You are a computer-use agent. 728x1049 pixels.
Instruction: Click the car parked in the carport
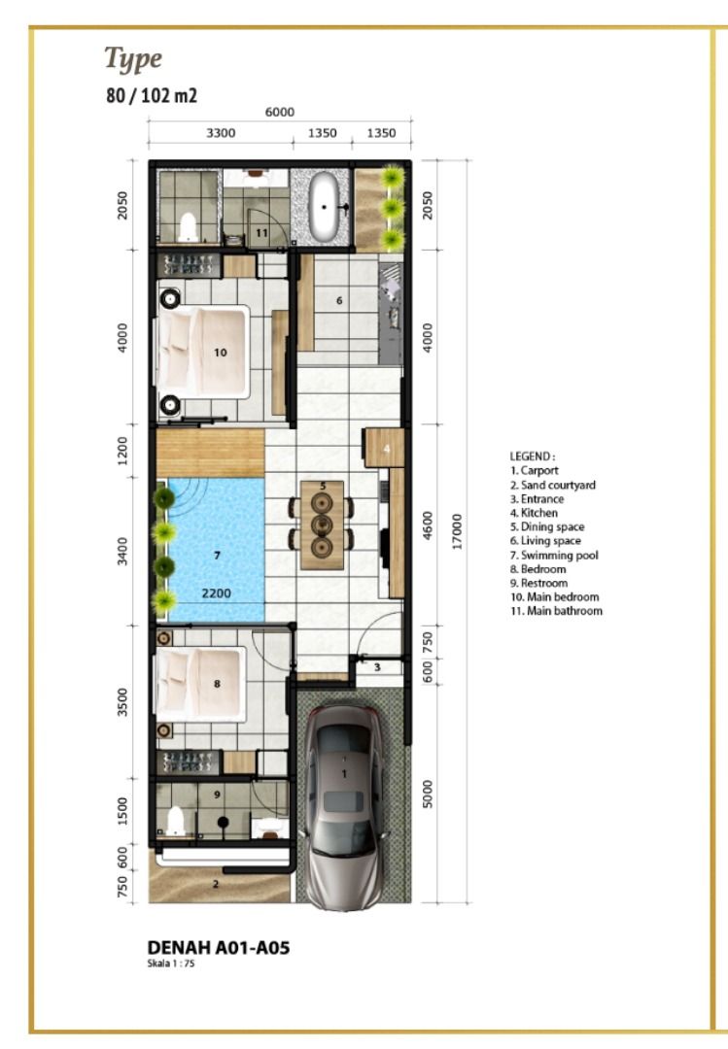click(x=345, y=806)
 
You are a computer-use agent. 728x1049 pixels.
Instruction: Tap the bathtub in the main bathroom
click(x=325, y=207)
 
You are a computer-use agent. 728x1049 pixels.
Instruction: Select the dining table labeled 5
click(x=322, y=525)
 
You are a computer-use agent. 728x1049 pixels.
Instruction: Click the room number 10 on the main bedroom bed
click(x=221, y=353)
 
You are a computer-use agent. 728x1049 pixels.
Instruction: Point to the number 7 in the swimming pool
click(x=217, y=556)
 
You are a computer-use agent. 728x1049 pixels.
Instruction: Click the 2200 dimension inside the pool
click(x=217, y=593)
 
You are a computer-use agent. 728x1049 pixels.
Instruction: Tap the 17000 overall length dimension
click(x=458, y=531)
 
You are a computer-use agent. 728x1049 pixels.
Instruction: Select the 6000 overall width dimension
click(x=279, y=113)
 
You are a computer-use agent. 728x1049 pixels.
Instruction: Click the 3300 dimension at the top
click(x=221, y=133)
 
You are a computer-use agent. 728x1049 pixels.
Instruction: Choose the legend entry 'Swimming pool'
click(x=554, y=556)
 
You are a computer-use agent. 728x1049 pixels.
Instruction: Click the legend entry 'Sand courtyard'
click(x=552, y=485)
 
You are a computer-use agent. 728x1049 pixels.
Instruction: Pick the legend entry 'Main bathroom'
click(x=556, y=611)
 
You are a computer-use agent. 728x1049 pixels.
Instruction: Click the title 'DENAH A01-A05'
click(x=219, y=947)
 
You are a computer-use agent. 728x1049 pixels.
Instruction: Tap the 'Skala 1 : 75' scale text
click(x=171, y=964)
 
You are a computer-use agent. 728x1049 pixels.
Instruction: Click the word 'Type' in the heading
click(x=133, y=59)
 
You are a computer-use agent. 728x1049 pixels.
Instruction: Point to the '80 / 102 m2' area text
click(x=152, y=95)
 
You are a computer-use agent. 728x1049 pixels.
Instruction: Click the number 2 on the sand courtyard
click(x=216, y=884)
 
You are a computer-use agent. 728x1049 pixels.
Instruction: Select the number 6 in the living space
click(x=339, y=300)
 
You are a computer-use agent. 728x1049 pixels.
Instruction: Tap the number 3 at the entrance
click(x=377, y=667)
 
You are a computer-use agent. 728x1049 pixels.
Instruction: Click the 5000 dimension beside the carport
click(x=428, y=794)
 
